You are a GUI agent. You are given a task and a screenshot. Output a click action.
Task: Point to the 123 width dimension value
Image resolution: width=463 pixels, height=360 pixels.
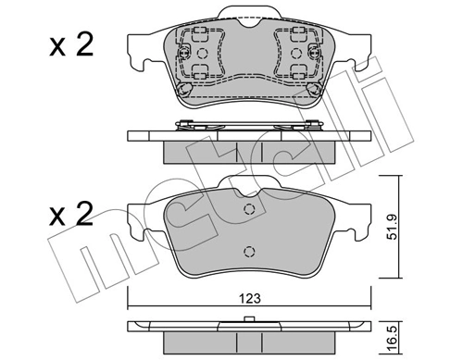point(248,299)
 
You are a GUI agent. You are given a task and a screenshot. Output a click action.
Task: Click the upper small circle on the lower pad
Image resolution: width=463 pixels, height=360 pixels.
point(247,210)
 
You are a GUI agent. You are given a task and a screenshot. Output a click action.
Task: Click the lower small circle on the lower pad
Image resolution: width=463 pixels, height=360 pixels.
point(247,252)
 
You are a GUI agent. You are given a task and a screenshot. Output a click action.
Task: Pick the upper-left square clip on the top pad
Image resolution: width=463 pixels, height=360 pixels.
point(198,37)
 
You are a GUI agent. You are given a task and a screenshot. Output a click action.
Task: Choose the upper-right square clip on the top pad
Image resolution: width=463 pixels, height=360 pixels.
point(296,37)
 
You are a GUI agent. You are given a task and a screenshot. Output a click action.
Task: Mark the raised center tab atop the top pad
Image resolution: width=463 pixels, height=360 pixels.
point(247,13)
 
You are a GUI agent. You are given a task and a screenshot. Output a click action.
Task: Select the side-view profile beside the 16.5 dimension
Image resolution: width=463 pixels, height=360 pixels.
point(247,331)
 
